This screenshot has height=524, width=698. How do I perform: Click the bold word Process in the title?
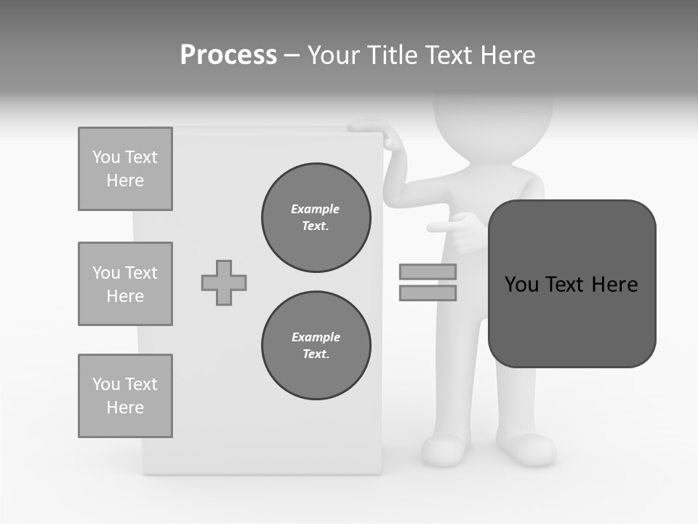[228, 55]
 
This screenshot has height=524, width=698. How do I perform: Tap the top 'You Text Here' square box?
[125, 169]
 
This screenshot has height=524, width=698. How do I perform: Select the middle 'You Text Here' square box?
[125, 284]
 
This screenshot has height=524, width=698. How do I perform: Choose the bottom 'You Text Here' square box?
[125, 396]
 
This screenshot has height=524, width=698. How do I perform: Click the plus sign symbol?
[224, 282]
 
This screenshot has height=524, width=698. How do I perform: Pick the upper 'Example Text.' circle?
[316, 218]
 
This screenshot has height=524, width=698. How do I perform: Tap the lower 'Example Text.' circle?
[316, 346]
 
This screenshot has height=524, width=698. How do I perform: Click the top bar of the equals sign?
[428, 271]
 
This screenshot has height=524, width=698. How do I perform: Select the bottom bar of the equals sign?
[428, 293]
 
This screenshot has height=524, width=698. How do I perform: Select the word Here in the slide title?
[509, 55]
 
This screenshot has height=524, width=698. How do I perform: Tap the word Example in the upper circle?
[316, 209]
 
